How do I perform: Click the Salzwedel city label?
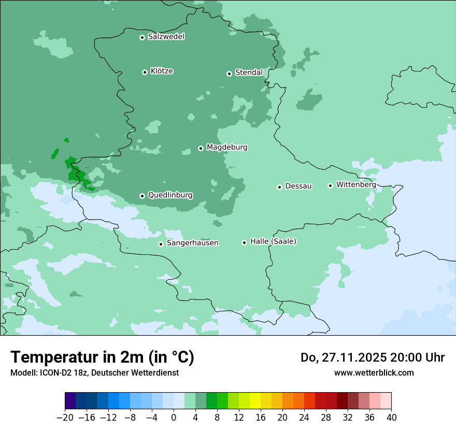pos(166,37)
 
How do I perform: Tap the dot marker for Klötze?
pos(145,72)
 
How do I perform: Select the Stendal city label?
pos(249,73)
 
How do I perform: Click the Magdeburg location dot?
pos(201,148)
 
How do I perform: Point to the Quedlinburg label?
pos(170,195)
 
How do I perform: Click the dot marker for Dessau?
pos(279,187)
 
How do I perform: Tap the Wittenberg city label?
pos(356,184)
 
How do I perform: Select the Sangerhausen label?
pos(192,243)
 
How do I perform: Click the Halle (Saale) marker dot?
pos(244,242)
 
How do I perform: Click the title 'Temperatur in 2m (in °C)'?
pos(102,357)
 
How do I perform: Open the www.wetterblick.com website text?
pos(374,372)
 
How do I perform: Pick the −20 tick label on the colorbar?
pos(65,418)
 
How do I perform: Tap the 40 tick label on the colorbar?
pos(391,418)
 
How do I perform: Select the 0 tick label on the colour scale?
pos(174,418)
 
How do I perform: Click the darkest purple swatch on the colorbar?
pos(70,402)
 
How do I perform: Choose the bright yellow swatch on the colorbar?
pos(255,402)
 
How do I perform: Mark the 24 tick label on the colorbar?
pos(304,418)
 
